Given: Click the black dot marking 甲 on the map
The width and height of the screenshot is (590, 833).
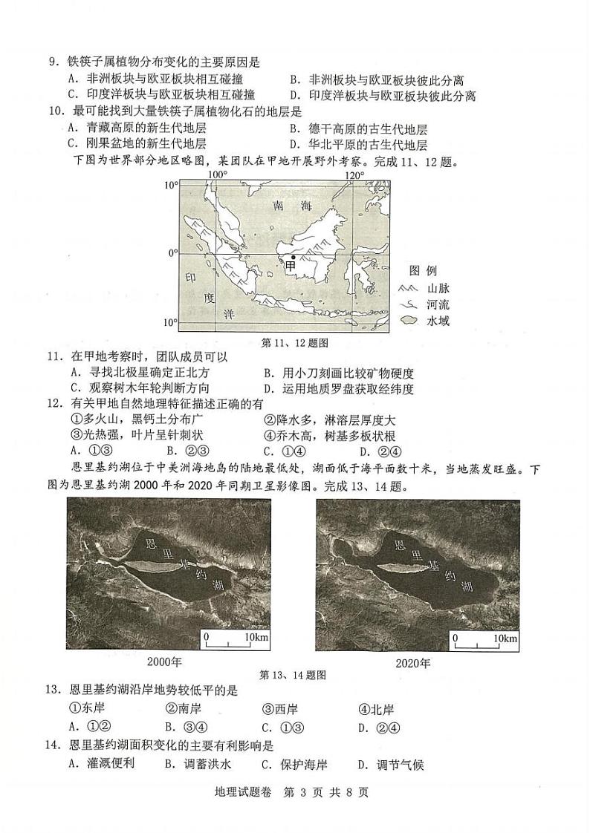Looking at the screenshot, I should point(293,257).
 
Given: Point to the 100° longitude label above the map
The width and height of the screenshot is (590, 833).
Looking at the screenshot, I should point(217,175).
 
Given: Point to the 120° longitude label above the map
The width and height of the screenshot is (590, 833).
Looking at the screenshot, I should point(354,175).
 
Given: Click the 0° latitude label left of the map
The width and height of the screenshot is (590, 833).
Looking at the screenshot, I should point(172,253).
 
